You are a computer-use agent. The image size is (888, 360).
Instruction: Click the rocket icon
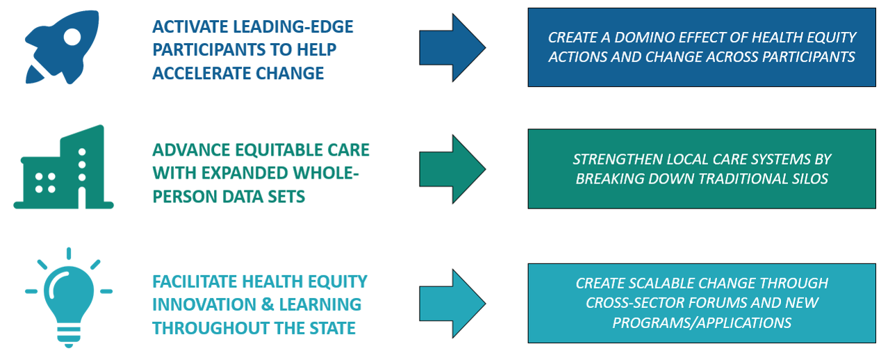61,47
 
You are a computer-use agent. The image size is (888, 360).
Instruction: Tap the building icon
63,167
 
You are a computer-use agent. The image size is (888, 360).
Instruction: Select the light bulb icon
69,297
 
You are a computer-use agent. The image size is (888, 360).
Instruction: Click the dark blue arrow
452,47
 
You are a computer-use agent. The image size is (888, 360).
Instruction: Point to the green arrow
452,169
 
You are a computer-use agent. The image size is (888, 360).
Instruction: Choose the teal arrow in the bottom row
452,303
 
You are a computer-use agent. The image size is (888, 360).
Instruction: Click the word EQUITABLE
279,150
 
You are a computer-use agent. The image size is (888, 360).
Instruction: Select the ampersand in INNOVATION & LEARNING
268,304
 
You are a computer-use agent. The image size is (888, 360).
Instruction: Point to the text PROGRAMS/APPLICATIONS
702,322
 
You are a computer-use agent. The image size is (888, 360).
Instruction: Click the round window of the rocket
72,37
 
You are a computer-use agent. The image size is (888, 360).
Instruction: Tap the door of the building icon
82,197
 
